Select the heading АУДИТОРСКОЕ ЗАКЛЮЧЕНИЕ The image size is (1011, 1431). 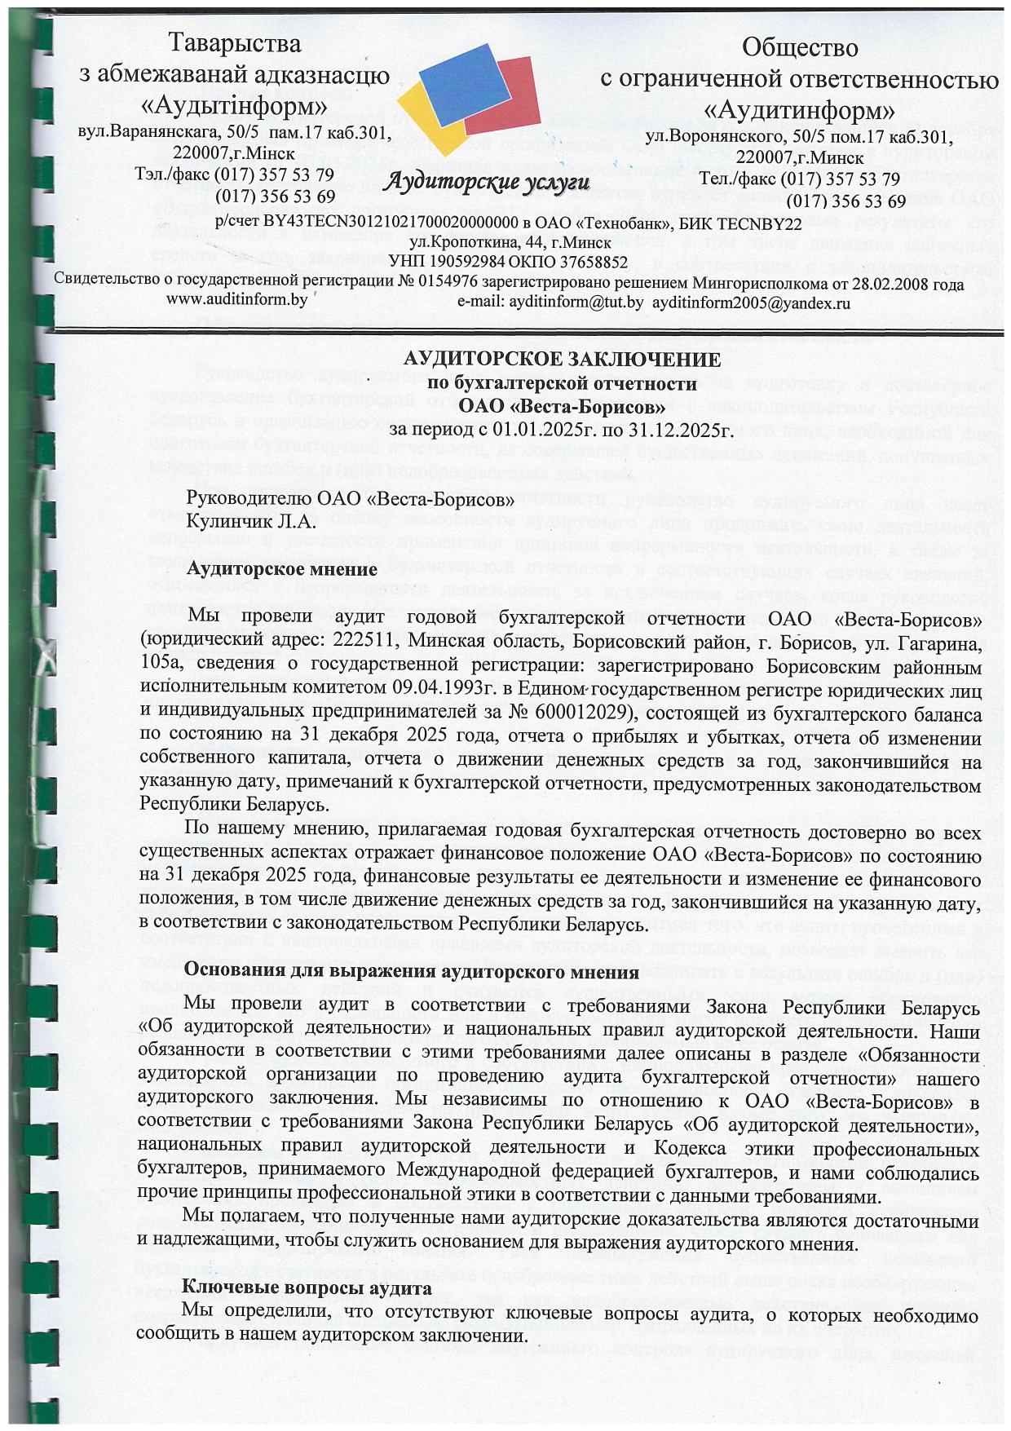coord(563,360)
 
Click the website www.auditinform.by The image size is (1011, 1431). coord(236,299)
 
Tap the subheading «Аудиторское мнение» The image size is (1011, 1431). coord(282,569)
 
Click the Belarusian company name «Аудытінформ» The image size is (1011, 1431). coord(233,106)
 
